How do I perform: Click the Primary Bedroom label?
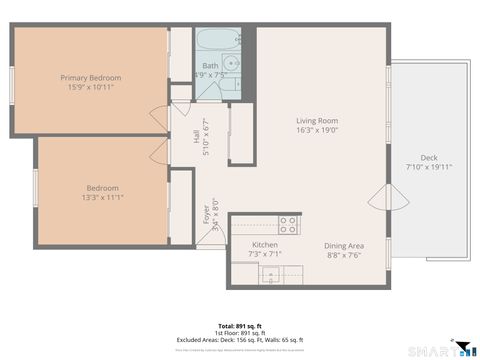tap(90, 78)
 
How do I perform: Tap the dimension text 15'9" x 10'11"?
tap(90, 87)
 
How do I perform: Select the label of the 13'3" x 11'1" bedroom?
tap(102, 188)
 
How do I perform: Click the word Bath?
tap(210, 66)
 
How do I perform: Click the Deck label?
tap(428, 157)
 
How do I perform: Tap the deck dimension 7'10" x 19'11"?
tap(428, 166)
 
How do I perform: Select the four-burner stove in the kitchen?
tap(287, 224)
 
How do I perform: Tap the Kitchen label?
tap(264, 244)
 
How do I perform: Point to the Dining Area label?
tap(343, 245)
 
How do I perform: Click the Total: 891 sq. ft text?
tap(240, 326)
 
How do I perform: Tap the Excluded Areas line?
tap(240, 340)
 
